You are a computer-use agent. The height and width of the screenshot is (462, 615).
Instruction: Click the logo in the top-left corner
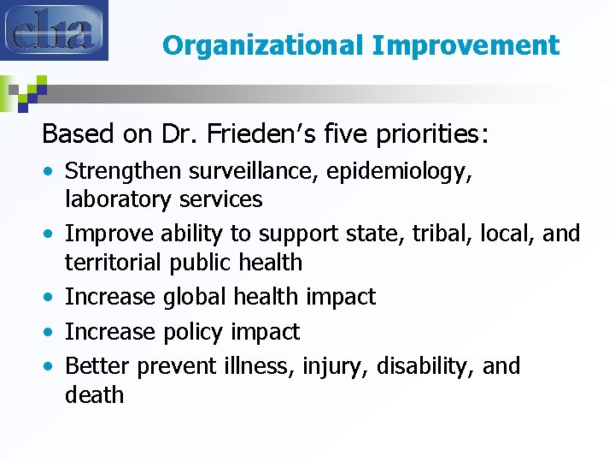pos(55,30)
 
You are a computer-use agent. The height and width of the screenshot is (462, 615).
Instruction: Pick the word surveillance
pos(244,171)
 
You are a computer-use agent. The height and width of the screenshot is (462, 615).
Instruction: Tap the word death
pos(95,395)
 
